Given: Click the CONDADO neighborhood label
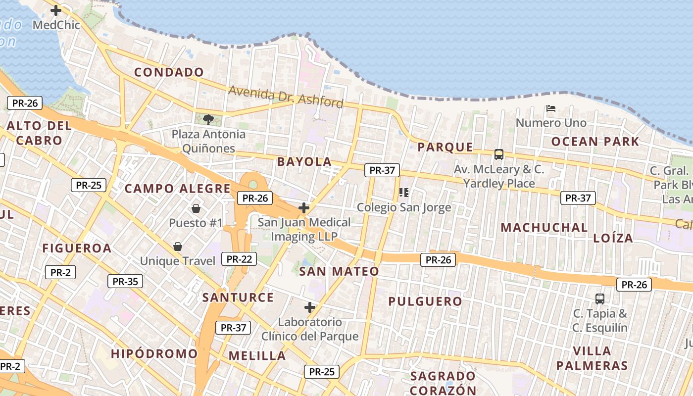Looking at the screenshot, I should tap(169, 72).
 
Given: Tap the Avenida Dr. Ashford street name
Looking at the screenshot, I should tap(286, 97).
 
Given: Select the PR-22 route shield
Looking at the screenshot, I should tap(239, 259).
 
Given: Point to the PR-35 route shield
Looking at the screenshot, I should tap(125, 282).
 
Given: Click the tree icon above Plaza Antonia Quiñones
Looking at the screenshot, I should tap(208, 119).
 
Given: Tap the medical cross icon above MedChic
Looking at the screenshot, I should tap(56, 10).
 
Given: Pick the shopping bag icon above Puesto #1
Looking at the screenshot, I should tap(196, 208).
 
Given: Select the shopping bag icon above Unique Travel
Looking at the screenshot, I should tap(177, 246).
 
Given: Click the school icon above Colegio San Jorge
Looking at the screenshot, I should tap(404, 193).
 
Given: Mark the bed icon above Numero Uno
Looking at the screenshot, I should tap(551, 108).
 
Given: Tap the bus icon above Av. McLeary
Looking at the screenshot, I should tap(498, 154).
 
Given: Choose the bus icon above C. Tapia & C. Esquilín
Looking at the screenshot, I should tap(600, 298).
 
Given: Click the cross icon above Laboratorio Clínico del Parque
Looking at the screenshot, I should tap(310, 307).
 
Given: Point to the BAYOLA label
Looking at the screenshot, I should tap(304, 162).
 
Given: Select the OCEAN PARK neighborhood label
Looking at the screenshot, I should tap(595, 142).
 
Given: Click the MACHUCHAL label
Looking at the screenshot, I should tap(544, 228).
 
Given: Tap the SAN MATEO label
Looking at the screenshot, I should tap(339, 271).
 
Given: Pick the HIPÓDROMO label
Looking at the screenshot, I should tap(154, 354).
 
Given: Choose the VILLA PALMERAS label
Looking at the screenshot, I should tap(592, 358).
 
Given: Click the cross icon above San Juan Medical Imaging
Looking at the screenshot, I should tap(304, 208).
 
